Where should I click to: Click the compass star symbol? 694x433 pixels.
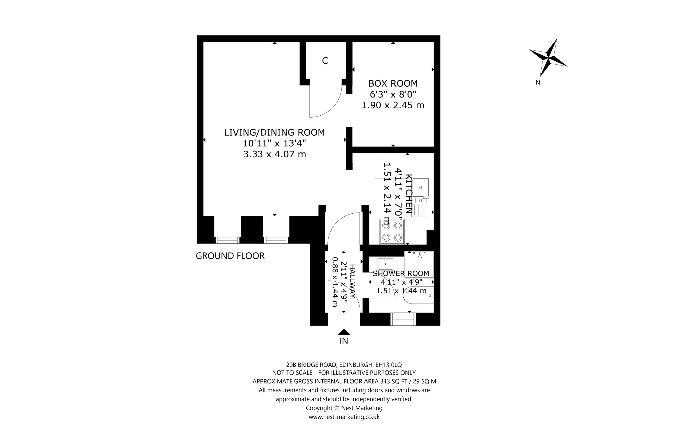[548, 58]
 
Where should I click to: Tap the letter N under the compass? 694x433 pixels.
[538, 83]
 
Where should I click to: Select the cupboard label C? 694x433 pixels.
[325, 61]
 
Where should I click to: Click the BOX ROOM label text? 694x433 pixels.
[393, 83]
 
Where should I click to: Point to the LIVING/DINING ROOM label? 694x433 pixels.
[274, 132]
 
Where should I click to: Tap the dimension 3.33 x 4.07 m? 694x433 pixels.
[274, 154]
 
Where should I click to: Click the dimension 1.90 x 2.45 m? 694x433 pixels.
[393, 105]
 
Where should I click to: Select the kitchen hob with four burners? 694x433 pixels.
[392, 232]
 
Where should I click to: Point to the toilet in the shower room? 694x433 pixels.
[418, 295]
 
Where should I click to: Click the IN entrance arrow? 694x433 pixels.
[344, 332]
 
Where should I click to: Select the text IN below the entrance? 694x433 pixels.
[344, 341]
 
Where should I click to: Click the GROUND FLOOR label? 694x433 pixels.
[230, 256]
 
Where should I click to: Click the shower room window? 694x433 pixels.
[403, 319]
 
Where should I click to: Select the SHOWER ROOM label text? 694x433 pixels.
[401, 274]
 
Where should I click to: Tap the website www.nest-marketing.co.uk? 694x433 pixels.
[344, 417]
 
